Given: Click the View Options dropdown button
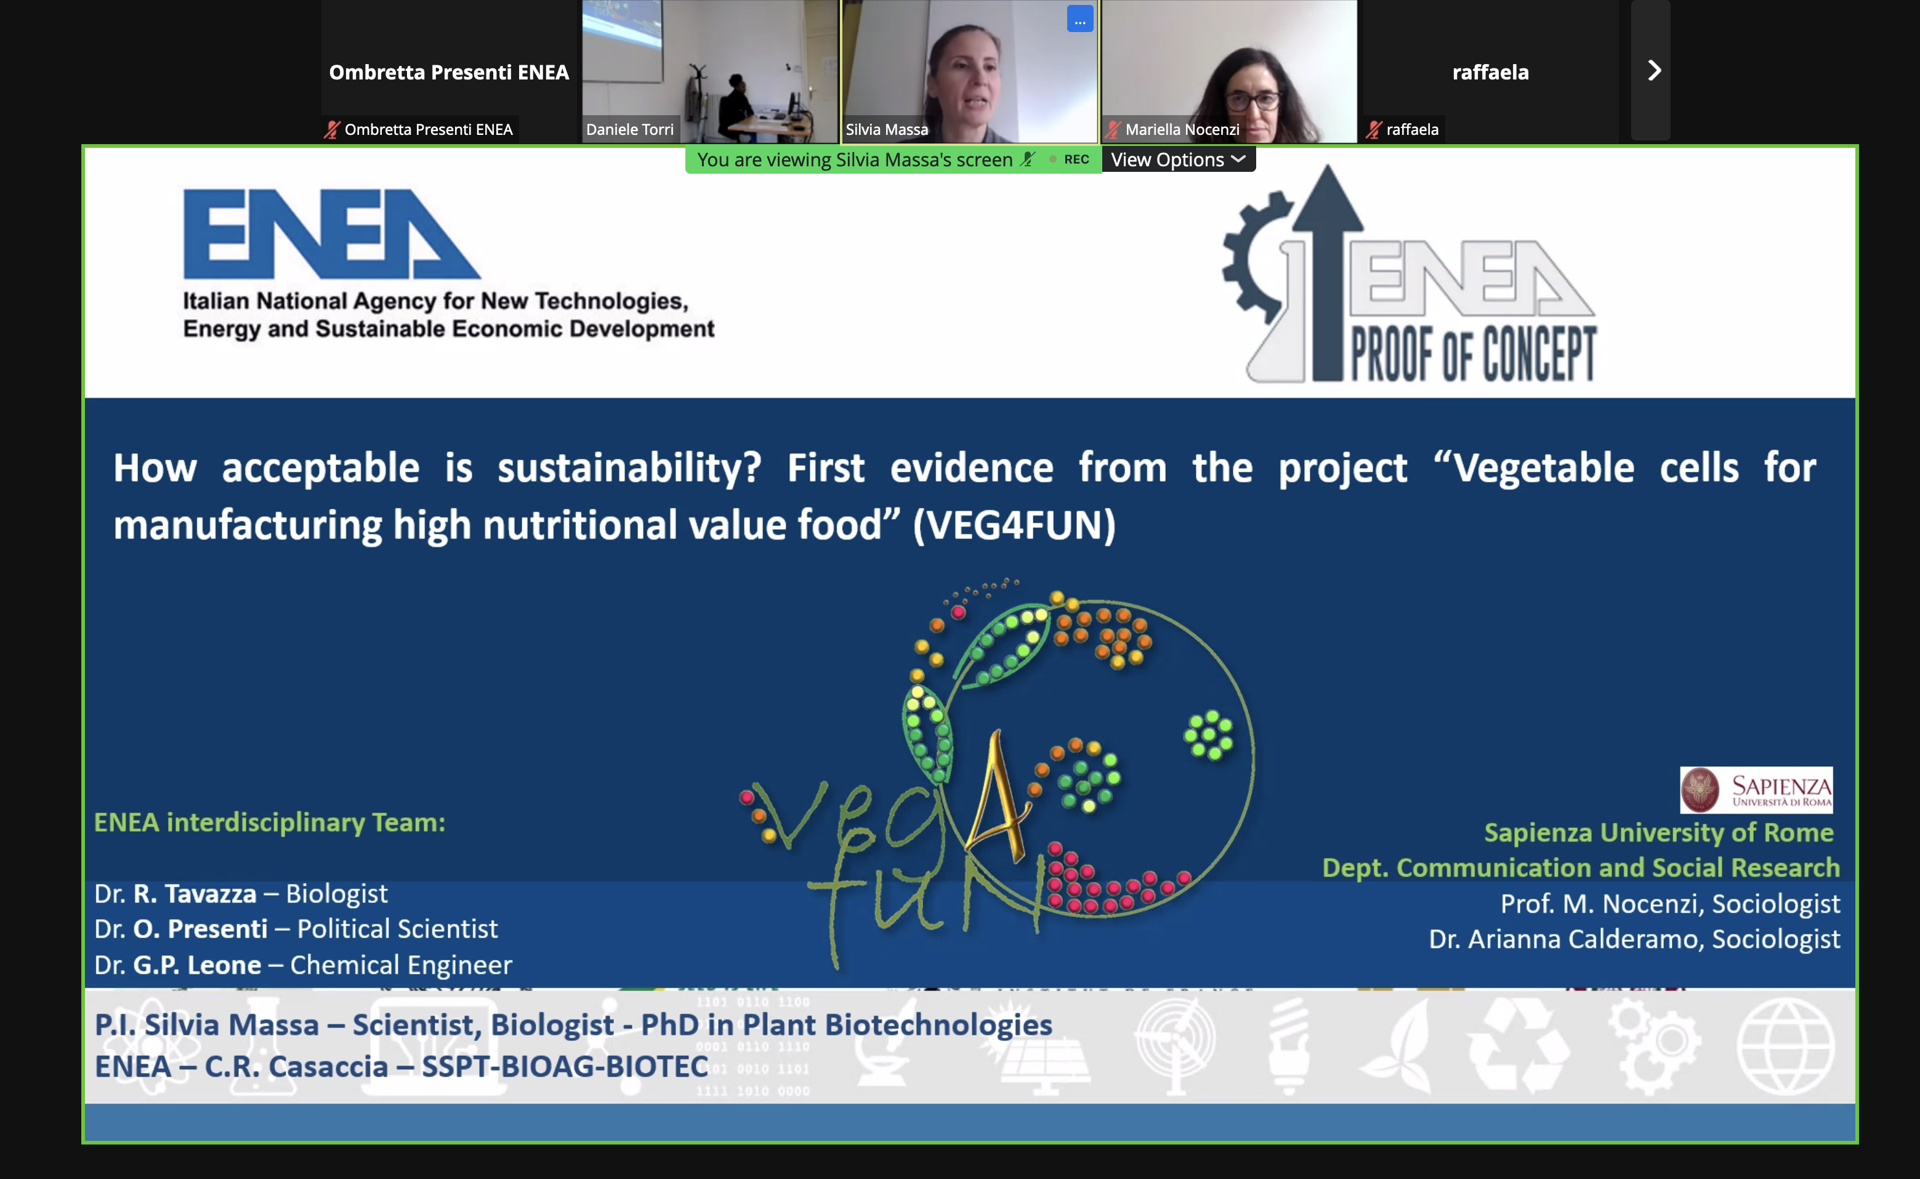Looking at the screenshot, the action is click(x=1178, y=160).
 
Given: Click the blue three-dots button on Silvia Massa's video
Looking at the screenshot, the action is click(x=1079, y=20).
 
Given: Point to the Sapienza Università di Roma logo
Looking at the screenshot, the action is click(x=1756, y=790).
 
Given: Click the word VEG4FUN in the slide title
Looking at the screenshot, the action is click(x=1014, y=525).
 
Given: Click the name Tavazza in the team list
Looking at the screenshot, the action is click(x=211, y=894).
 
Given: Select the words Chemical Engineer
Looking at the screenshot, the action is click(x=401, y=965).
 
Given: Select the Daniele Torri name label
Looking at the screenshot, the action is click(x=630, y=129).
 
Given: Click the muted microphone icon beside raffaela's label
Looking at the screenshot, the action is click(x=1374, y=129).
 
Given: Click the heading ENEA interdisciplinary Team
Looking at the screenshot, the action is click(x=270, y=822).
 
